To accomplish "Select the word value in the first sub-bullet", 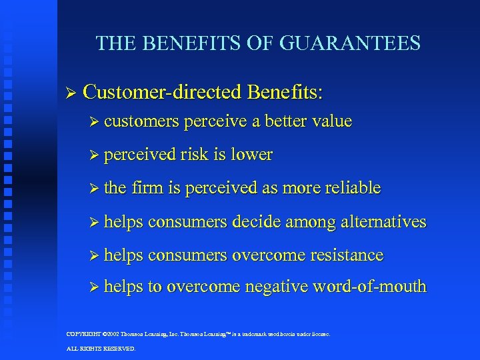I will point(329,121).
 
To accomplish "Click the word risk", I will point(195,155).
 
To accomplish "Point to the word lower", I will point(251,155).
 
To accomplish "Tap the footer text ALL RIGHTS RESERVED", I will point(101,348).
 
